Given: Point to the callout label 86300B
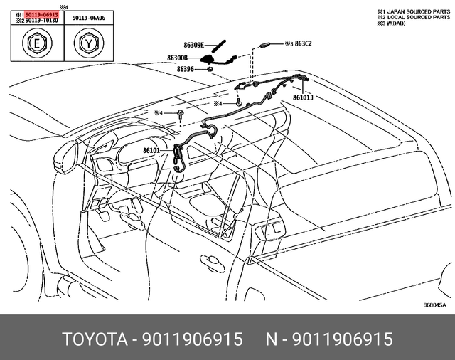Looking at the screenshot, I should tap(177, 58).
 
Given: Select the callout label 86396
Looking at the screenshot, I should tap(184, 69).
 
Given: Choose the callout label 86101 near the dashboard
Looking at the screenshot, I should tap(151, 150).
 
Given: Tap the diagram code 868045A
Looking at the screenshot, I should tap(434, 304).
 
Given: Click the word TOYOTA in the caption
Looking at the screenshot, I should tap(93, 339).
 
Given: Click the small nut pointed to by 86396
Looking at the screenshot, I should tap(210, 70).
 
